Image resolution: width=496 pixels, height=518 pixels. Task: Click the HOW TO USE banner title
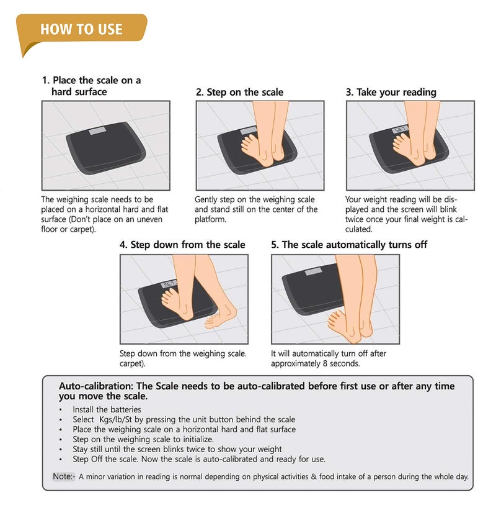point(81,29)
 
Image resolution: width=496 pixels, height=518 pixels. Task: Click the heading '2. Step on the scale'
point(239,92)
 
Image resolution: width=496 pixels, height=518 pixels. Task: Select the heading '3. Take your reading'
point(391,92)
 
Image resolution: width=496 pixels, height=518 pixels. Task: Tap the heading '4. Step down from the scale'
point(182,245)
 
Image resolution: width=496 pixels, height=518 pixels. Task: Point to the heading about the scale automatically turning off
point(349,245)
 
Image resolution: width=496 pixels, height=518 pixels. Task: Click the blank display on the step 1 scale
point(97,130)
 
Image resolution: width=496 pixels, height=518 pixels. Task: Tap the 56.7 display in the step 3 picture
point(399,129)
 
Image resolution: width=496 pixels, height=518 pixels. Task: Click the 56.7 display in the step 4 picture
point(169,284)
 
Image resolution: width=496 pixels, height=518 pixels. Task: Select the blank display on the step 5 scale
point(313,271)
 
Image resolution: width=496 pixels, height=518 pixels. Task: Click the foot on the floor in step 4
point(221,317)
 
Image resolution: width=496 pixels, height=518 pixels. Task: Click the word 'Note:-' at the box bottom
point(64,476)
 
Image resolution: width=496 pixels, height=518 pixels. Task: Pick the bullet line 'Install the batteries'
point(107,410)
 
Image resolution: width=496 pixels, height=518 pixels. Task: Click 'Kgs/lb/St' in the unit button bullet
point(115,419)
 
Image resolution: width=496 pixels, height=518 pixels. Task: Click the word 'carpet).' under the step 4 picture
point(132,364)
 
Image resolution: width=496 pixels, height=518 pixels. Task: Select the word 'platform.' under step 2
point(210,219)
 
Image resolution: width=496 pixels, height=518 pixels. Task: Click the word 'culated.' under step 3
point(359,229)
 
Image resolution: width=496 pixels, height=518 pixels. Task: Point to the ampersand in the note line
point(313,477)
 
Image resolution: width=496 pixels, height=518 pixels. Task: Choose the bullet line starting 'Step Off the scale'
point(199,459)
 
